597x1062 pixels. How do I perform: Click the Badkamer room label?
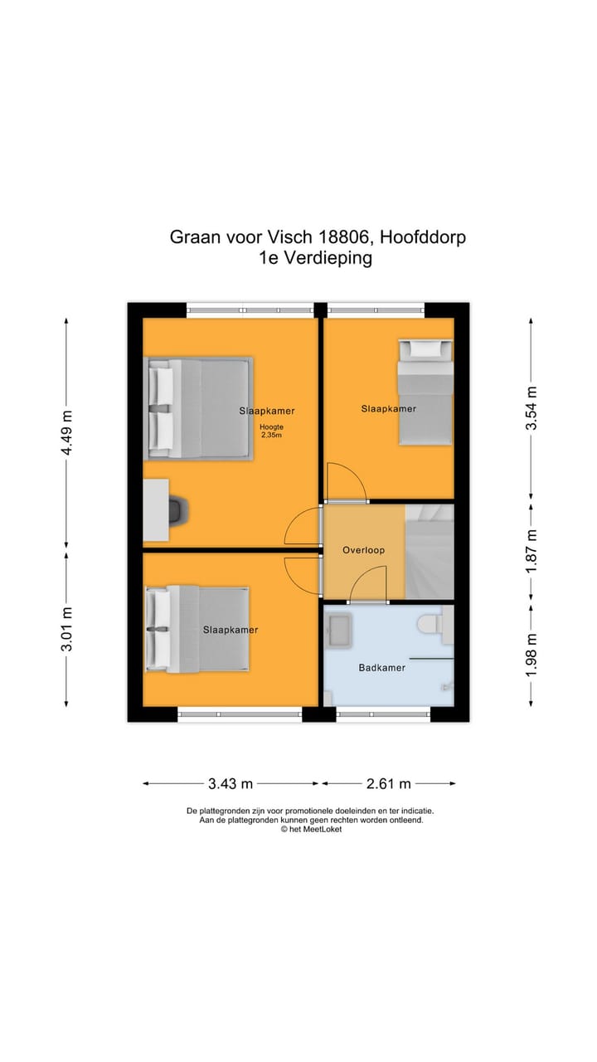[x=381, y=668]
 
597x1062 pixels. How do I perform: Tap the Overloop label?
[x=363, y=550]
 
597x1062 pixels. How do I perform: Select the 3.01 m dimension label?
[x=66, y=629]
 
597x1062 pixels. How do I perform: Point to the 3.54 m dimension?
[x=531, y=408]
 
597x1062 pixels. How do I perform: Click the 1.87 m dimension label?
[x=531, y=550]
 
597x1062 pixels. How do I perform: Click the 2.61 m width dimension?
[x=388, y=783]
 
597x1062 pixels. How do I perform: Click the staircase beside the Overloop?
[x=430, y=550]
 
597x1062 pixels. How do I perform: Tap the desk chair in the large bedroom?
[x=178, y=510]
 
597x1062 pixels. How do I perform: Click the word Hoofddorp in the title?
[x=423, y=237]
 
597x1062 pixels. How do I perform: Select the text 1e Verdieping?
[x=315, y=258]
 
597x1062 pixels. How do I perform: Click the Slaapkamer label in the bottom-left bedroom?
[x=231, y=630]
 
